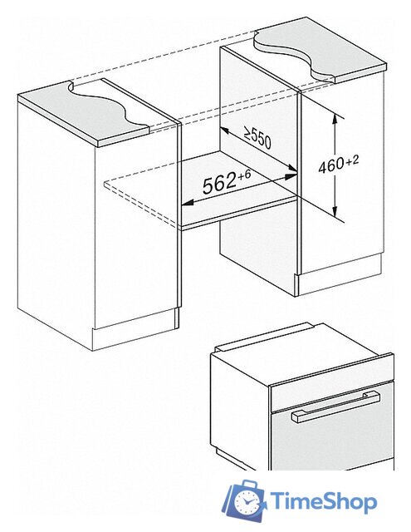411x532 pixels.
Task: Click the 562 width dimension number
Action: (x=219, y=184)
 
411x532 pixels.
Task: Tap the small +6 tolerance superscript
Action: (x=245, y=175)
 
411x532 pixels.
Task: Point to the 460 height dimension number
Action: (x=330, y=165)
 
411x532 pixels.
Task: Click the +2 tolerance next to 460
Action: (x=352, y=160)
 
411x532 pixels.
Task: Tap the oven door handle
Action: (x=335, y=406)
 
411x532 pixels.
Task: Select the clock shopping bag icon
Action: (x=243, y=500)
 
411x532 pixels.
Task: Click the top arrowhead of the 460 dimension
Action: (x=335, y=120)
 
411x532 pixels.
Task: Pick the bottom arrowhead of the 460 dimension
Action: (x=335, y=211)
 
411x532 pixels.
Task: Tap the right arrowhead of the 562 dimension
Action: (x=291, y=177)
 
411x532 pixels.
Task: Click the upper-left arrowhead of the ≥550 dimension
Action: (x=225, y=131)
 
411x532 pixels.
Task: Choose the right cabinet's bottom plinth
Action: (x=340, y=275)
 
